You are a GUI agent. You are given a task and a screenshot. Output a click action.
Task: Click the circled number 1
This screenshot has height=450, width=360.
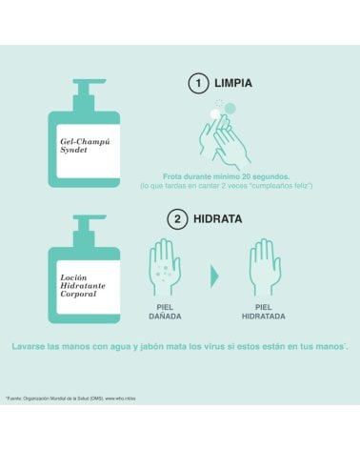pyautogui.click(x=198, y=83)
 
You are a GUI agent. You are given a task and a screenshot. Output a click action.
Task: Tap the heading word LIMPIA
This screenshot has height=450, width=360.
pyautogui.click(x=232, y=83)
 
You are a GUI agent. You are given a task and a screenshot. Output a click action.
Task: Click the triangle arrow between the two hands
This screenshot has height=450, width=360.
pyautogui.click(x=215, y=276)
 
